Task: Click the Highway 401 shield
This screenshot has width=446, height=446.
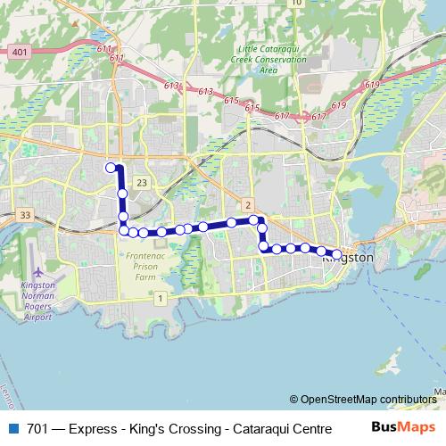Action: point(20,53)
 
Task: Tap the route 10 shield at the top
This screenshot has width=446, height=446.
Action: point(296,4)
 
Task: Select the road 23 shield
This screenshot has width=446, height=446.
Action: point(141,183)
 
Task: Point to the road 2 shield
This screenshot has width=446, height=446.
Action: point(248,204)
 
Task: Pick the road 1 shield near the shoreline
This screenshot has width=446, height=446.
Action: point(160,297)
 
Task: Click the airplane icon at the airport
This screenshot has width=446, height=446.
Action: point(38,272)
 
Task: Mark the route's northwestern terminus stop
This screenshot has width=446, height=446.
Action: point(111,167)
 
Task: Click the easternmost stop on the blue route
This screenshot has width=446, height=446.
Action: point(336,253)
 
